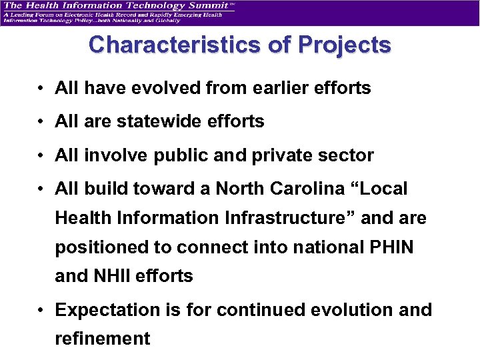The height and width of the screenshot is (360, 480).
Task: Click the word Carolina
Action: [315, 189]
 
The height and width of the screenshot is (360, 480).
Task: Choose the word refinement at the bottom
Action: [103, 339]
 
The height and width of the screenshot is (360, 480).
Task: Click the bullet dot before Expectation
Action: [41, 311]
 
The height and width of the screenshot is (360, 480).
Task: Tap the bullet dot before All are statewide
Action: [41, 122]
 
